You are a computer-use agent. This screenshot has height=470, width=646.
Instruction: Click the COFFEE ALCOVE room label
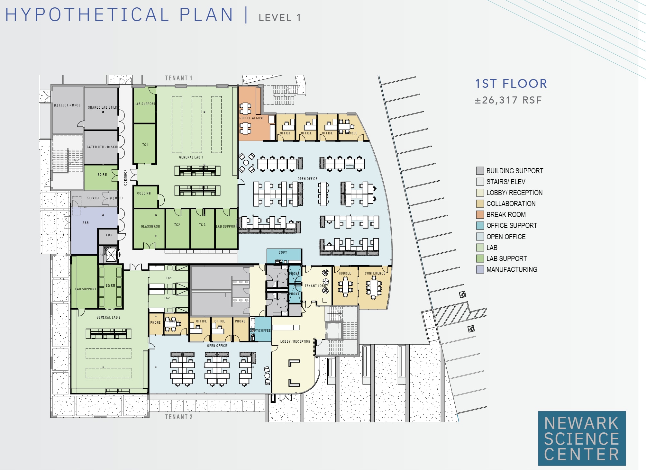(251, 118)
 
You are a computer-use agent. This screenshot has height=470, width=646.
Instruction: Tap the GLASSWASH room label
(150, 226)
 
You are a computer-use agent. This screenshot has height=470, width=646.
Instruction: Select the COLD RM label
(144, 193)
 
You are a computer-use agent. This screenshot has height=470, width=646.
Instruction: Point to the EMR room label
(109, 235)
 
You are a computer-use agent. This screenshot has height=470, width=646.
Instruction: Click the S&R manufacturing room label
(86, 223)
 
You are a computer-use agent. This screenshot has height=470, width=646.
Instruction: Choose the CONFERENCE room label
(375, 273)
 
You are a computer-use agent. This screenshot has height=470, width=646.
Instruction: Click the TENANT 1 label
(178, 78)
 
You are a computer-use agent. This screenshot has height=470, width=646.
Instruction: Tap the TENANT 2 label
(179, 417)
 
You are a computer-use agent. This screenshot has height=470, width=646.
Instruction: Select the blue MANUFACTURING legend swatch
(480, 269)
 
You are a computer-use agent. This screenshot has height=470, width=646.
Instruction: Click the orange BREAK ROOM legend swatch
(480, 214)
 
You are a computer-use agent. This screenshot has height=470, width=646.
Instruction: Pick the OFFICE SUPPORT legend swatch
(480, 225)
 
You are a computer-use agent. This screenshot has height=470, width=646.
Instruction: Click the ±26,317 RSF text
(508, 100)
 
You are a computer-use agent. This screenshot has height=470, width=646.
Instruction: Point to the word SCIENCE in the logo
(581, 439)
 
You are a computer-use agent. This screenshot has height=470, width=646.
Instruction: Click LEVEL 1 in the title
(280, 17)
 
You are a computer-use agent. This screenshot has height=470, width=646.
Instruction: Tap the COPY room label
(283, 252)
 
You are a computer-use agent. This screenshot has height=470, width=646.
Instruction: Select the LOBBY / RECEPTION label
(295, 341)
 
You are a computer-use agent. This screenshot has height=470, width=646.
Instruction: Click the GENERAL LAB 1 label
(191, 157)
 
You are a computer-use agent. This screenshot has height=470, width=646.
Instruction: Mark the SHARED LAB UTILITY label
(103, 107)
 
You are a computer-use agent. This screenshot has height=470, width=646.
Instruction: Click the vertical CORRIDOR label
(125, 177)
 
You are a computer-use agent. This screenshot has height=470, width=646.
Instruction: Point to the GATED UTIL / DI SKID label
(102, 147)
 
